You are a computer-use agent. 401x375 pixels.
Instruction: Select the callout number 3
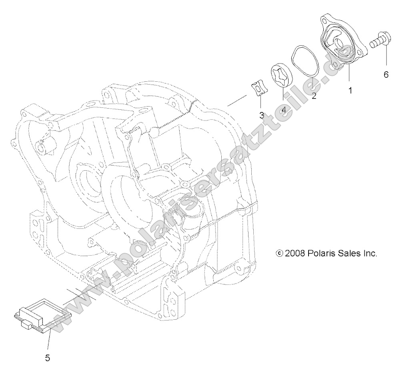coord(261,115)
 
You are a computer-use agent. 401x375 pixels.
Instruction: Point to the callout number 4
coord(284,109)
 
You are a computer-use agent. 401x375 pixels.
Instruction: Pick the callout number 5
coord(47,358)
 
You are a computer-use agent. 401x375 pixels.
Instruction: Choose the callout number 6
coord(386,75)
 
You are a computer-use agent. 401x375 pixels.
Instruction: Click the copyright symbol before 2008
coord(280,254)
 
